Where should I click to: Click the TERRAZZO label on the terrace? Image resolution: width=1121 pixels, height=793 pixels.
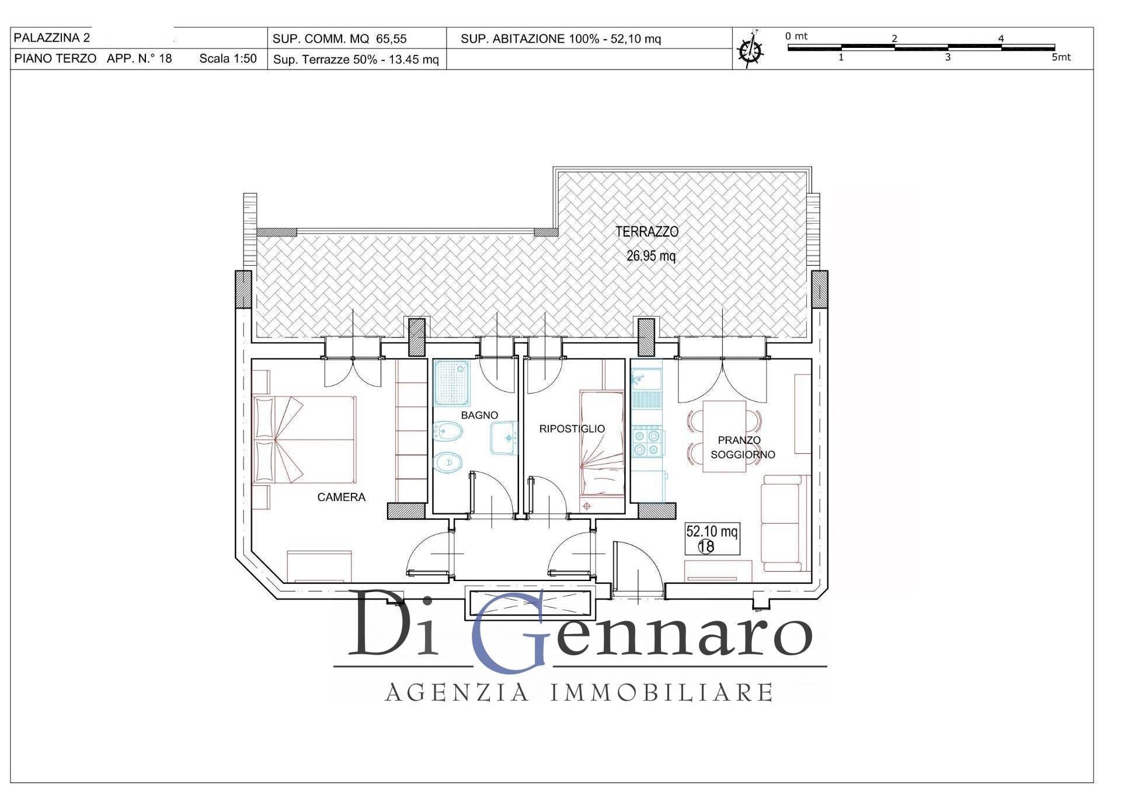[x=647, y=232]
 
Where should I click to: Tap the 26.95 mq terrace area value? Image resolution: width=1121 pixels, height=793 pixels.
[x=651, y=256]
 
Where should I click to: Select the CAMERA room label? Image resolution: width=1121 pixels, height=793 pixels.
[x=341, y=497]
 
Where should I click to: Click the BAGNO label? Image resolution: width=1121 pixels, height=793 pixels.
[x=479, y=415]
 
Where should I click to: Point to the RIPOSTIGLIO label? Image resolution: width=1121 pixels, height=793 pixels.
[x=572, y=429]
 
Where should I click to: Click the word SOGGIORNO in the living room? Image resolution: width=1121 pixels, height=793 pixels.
[x=743, y=454]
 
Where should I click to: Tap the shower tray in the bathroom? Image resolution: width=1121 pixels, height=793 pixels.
[x=452, y=383]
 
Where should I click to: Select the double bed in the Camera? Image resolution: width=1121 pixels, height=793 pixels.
[x=305, y=439]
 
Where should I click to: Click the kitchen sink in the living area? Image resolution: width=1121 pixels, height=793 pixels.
[x=646, y=380]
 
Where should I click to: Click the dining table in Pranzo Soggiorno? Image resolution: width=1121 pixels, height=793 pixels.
[x=725, y=436]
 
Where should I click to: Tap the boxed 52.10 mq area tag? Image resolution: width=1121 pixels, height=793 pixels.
[x=712, y=538]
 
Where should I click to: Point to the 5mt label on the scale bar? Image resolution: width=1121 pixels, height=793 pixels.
[x=1061, y=57]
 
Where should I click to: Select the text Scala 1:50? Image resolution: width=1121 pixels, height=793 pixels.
[x=228, y=58]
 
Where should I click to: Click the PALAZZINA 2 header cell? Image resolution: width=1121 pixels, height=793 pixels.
[x=52, y=38]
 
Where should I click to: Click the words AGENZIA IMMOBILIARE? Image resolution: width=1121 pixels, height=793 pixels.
[x=579, y=693]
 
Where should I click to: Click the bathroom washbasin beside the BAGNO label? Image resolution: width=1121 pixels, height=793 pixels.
[x=503, y=438]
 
